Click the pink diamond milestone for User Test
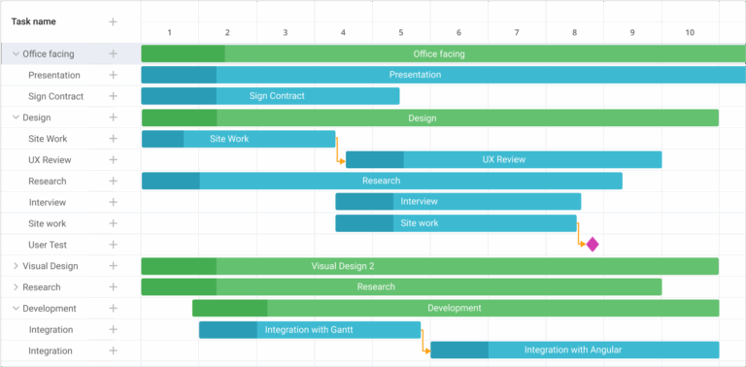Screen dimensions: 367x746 coord(592,245)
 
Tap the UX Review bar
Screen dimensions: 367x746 coord(503,159)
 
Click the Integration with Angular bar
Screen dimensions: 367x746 coord(574,350)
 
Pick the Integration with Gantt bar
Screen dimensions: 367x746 coord(309,330)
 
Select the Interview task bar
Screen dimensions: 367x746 coord(458,201)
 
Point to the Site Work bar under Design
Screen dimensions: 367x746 coord(238,139)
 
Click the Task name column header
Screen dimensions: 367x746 coord(33,21)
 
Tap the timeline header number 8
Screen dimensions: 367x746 coord(574,33)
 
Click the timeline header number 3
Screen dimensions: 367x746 coord(285,33)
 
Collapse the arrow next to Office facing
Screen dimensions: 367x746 coord(16,54)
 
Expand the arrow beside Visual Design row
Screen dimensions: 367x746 coord(16,266)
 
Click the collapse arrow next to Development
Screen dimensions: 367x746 coord(16,309)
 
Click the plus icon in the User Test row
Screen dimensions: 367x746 coord(113,245)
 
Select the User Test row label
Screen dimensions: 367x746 coord(48,245)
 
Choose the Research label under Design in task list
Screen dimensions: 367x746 coord(48,182)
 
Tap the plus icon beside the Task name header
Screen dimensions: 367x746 coord(113,21)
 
